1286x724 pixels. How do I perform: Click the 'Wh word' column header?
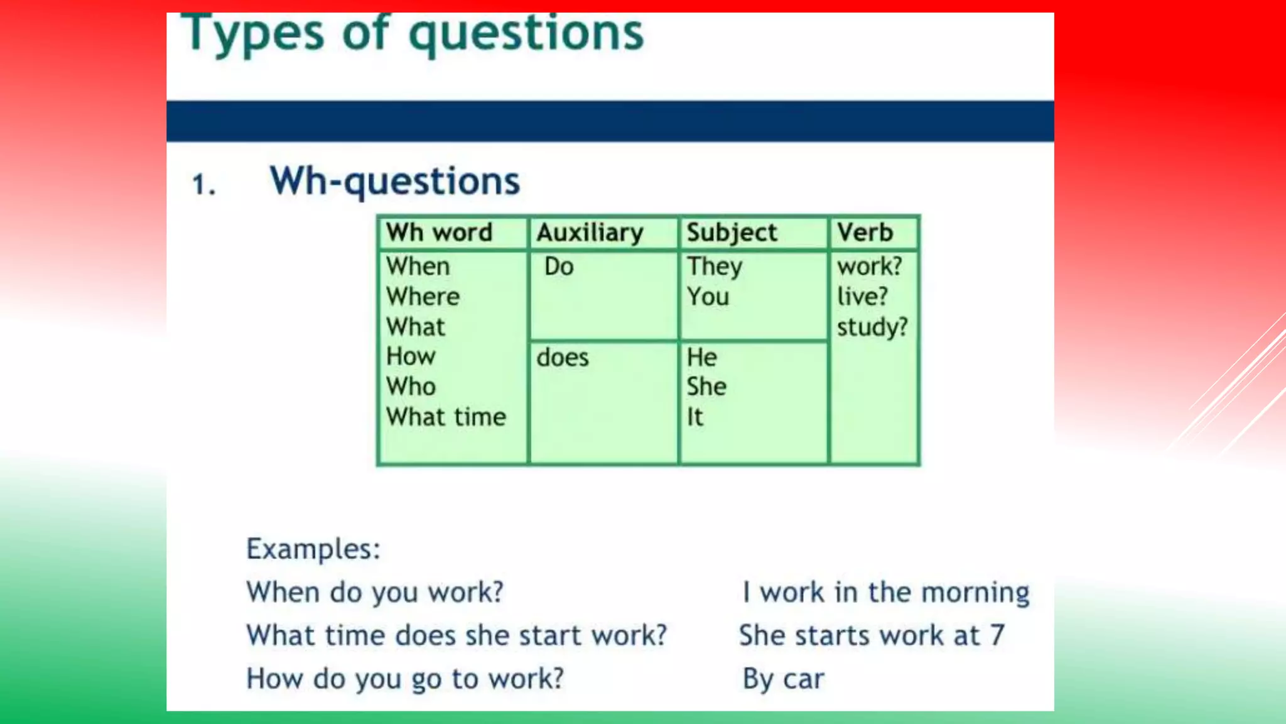(439, 233)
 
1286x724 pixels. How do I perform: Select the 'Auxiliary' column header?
(590, 233)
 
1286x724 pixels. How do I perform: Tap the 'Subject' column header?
(732, 233)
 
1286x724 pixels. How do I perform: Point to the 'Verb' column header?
(865, 233)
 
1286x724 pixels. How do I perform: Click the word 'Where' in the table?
(423, 297)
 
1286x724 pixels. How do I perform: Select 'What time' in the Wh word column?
(446, 417)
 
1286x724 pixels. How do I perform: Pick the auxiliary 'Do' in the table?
(559, 266)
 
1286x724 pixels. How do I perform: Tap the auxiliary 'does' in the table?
(563, 358)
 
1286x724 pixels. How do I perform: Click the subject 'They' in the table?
(715, 266)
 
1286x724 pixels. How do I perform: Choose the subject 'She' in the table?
(706, 387)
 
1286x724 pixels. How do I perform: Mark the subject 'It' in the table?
(694, 417)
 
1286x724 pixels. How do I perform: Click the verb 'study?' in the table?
(872, 327)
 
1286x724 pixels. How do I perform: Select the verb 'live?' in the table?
(862, 297)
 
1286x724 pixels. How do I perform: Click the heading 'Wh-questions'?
(394, 182)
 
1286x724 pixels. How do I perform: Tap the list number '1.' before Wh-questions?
(203, 185)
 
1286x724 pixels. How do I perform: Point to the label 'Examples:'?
(313, 549)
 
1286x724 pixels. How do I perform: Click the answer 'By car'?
(783, 679)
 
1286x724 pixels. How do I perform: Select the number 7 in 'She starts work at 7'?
(997, 635)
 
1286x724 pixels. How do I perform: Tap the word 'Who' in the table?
(411, 387)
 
